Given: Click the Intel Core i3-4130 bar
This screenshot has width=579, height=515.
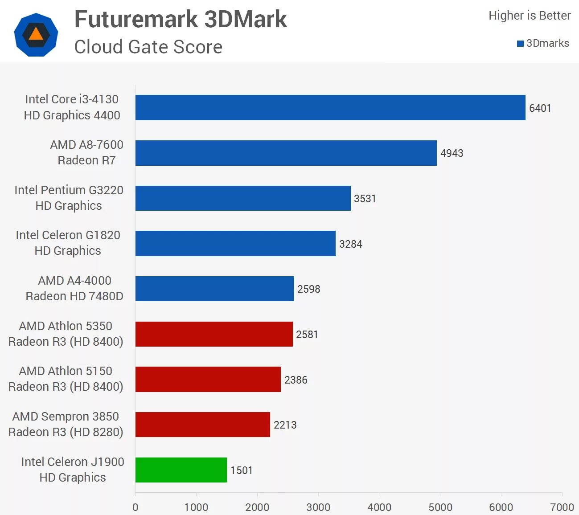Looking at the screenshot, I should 330,107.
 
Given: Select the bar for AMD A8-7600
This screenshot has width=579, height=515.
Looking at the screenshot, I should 286,153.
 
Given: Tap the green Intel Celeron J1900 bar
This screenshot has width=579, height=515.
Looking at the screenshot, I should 181,470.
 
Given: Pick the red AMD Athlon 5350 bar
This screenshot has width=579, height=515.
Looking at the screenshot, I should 214,334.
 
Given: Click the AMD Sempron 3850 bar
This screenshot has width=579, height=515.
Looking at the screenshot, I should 202,425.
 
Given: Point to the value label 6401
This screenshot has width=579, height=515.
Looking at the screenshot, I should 540,108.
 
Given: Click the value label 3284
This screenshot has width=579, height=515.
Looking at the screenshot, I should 350,244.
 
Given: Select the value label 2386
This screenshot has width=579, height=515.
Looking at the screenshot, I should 296,380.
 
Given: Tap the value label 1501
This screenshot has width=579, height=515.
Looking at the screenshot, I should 241,470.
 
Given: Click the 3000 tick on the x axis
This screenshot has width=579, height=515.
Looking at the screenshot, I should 318,507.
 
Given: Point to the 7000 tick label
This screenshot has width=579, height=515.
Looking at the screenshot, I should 562,507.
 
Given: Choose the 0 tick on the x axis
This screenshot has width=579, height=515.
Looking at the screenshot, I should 136,507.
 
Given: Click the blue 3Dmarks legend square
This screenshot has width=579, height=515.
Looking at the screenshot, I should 520,44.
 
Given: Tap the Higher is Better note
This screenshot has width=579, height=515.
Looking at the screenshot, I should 529,16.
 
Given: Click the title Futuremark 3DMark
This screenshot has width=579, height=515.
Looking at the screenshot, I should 181,19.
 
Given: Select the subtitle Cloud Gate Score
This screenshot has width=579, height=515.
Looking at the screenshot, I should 148,47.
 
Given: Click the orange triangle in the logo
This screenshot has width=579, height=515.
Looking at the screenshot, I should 36,35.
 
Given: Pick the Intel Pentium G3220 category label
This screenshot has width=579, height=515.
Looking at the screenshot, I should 69,198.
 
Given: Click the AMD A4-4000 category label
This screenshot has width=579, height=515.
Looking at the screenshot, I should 74,288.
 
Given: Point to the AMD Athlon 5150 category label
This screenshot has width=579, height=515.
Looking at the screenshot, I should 66,379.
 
